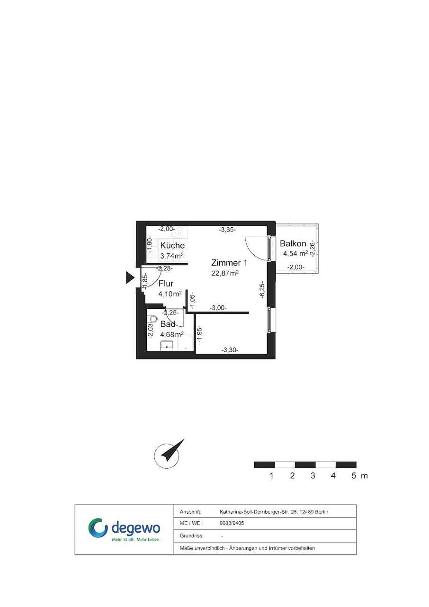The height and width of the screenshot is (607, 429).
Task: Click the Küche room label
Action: (172, 246)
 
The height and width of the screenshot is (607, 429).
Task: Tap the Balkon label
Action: (293, 244)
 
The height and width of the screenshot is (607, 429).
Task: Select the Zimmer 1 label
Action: (229, 263)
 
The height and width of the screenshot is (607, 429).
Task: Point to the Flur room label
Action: (166, 284)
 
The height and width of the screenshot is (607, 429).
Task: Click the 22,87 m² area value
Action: (225, 273)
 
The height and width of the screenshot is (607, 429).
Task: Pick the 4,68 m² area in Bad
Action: (172, 335)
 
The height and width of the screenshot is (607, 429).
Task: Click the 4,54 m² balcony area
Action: (295, 254)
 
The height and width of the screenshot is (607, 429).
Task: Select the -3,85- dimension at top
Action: (227, 230)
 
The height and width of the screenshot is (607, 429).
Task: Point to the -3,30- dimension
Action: (230, 350)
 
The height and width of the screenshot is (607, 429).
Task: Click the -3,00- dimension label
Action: (218, 308)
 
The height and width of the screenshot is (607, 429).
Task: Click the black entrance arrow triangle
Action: (130, 278)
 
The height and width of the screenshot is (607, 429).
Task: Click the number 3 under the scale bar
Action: (313, 475)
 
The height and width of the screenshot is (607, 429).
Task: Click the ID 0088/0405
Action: (232, 523)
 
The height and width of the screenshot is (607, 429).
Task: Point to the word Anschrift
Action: (190, 512)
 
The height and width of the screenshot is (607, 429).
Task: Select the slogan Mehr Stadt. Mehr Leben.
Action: (136, 539)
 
